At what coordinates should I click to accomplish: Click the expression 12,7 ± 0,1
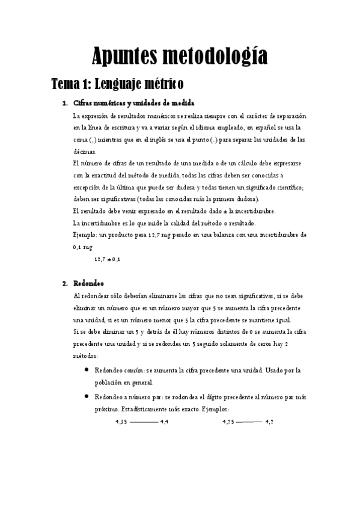coord(108,259)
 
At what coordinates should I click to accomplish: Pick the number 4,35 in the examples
coord(121,422)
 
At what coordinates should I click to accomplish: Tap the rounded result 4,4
coord(164,422)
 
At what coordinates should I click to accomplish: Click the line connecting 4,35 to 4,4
coord(143,422)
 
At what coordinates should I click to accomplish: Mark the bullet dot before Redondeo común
coord(88,370)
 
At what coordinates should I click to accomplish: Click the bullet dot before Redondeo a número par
coord(88,396)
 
